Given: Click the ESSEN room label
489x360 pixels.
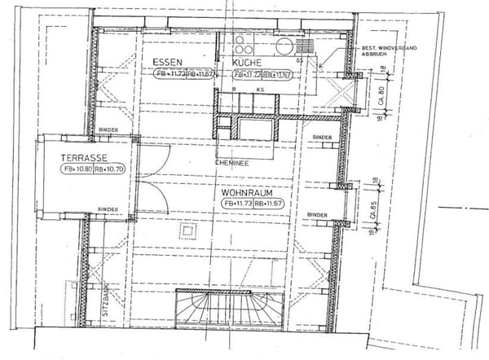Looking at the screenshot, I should (x=167, y=62).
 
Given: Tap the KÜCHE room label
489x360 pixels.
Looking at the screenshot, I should (x=246, y=62).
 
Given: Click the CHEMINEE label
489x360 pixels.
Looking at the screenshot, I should (x=231, y=162).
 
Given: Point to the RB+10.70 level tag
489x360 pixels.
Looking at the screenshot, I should (x=108, y=170).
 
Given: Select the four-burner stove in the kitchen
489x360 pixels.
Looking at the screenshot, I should (x=242, y=46).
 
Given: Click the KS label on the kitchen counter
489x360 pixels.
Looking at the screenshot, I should (x=259, y=88).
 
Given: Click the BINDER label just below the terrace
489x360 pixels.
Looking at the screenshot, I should (x=108, y=209).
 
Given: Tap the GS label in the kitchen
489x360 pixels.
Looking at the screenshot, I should (x=300, y=60).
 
